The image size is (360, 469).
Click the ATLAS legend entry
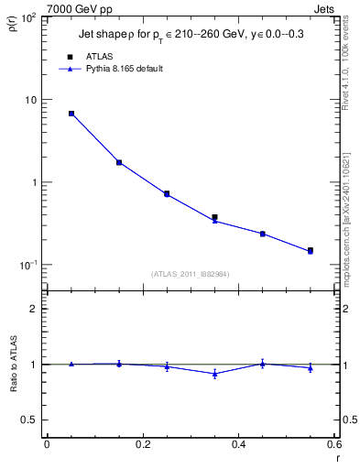click(98, 57)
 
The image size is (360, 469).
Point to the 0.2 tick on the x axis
click(142, 444)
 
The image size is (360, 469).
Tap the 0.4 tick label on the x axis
click(238, 444)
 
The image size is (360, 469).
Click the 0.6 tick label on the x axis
click(334, 444)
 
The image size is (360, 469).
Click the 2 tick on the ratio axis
click(35, 309)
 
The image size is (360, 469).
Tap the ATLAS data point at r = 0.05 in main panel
click(71, 114)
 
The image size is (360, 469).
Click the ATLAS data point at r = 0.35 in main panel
click(214, 217)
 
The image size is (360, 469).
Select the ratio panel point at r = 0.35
click(214, 374)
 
